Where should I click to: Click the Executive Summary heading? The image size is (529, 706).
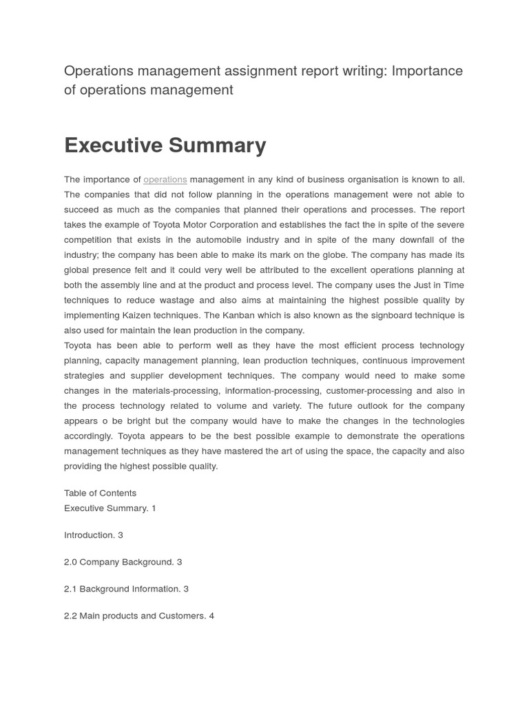pyautogui.click(x=165, y=145)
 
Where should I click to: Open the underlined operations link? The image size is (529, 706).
pyautogui.click(x=165, y=180)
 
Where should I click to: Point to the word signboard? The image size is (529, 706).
pyautogui.click(x=392, y=315)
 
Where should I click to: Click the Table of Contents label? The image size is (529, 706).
pyautogui.click(x=100, y=493)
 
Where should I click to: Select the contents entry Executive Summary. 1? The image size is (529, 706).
pyautogui.click(x=110, y=508)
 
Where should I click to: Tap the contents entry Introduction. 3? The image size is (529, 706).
pyautogui.click(x=94, y=535)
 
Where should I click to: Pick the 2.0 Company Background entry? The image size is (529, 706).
pyautogui.click(x=123, y=562)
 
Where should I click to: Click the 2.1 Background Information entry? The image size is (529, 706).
pyautogui.click(x=126, y=589)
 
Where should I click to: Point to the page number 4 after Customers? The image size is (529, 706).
pyautogui.click(x=211, y=616)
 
